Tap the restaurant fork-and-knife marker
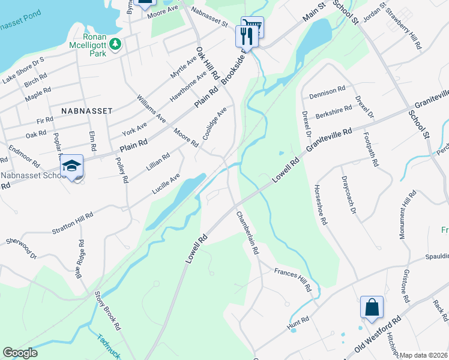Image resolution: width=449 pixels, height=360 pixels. click(x=247, y=35)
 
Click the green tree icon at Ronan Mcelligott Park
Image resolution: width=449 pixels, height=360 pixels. click(x=118, y=44)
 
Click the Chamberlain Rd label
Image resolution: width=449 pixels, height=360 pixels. click(x=247, y=234)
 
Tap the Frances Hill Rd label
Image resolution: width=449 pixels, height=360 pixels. click(x=293, y=280)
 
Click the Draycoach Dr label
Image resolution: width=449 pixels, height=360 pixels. click(x=349, y=195)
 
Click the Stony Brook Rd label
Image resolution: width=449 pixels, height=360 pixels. click(x=108, y=311)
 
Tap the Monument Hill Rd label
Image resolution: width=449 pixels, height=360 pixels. click(x=406, y=215)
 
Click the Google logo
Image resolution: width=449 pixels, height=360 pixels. click(x=20, y=353)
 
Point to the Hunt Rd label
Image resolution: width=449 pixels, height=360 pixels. click(x=298, y=323)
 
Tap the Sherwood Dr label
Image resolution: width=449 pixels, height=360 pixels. click(x=22, y=248)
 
